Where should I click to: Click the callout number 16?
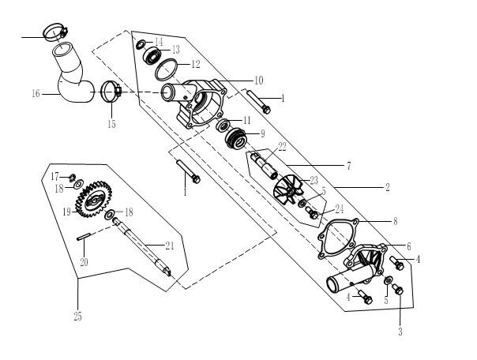point(36,94)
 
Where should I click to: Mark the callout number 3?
point(400,332)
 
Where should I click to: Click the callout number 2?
point(388,189)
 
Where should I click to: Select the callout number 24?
point(339,209)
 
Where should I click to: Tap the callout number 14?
point(159,41)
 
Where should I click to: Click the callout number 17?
point(55,174)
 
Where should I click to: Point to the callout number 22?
point(282,147)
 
